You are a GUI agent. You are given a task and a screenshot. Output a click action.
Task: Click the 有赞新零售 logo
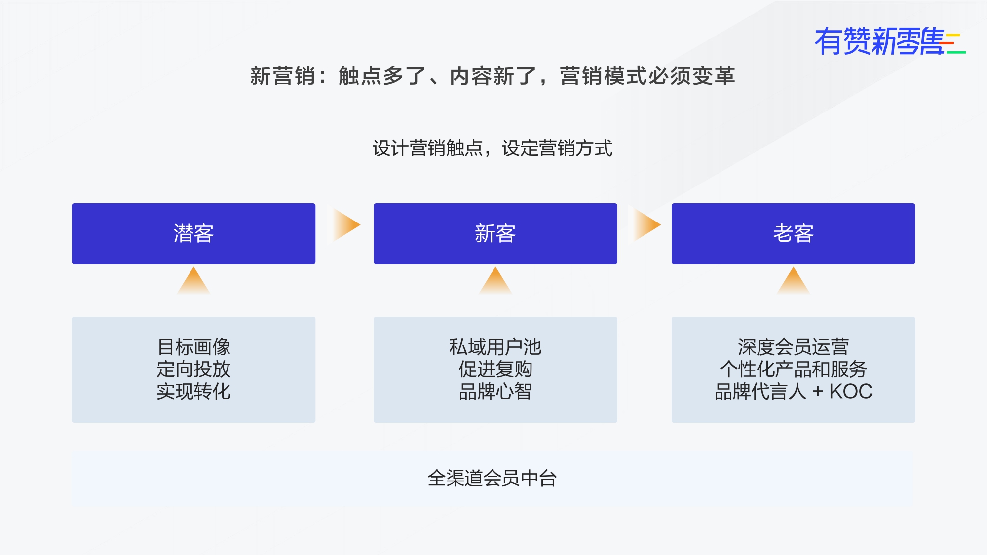890,41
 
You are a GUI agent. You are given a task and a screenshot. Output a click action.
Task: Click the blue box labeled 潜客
193,234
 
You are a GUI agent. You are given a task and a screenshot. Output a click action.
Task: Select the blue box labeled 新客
495,234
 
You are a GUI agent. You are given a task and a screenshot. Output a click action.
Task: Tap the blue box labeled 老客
794,234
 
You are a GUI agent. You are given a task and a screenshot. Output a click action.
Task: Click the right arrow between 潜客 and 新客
345,225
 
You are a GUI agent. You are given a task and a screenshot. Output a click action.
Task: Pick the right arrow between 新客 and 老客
645,225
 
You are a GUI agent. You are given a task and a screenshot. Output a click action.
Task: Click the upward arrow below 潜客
193,281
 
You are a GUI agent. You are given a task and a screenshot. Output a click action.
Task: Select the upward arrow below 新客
495,281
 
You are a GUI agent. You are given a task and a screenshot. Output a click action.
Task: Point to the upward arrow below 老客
794,281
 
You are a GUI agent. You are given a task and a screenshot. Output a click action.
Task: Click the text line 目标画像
194,347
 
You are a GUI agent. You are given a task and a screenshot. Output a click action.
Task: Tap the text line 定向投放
194,369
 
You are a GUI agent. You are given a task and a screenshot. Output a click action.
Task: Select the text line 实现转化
194,391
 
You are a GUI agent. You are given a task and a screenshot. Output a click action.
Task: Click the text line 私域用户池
495,347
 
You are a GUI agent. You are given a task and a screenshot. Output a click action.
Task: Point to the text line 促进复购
495,369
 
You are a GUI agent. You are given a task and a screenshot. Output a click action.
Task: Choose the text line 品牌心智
495,391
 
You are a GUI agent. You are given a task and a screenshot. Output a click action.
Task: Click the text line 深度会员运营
794,347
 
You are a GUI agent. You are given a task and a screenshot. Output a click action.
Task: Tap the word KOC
851,392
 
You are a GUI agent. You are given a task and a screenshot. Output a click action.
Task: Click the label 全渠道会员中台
493,478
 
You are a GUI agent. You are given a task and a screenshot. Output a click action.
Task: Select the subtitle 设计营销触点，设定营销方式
493,148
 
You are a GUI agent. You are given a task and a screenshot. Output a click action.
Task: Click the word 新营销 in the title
283,76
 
